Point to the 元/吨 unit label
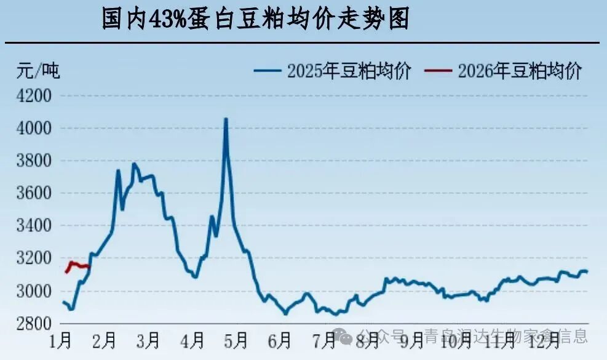(38, 70)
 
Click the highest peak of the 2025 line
(226, 119)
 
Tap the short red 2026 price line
(79, 265)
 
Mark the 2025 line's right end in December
(587, 271)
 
